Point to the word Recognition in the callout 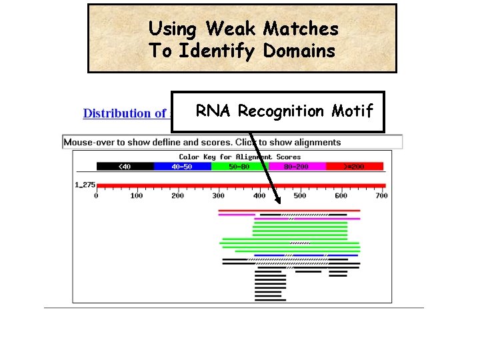click(x=281, y=111)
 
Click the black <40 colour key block click(x=125, y=166)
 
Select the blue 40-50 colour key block click(x=182, y=166)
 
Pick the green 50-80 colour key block click(x=239, y=166)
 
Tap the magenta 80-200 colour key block click(x=297, y=166)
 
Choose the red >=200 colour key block click(x=355, y=166)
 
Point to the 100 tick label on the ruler click(x=137, y=195)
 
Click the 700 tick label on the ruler click(x=381, y=195)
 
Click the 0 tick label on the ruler click(x=96, y=195)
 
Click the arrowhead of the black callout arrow click(x=279, y=197)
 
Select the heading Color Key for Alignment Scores click(x=239, y=157)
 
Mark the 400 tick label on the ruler click(x=259, y=195)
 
